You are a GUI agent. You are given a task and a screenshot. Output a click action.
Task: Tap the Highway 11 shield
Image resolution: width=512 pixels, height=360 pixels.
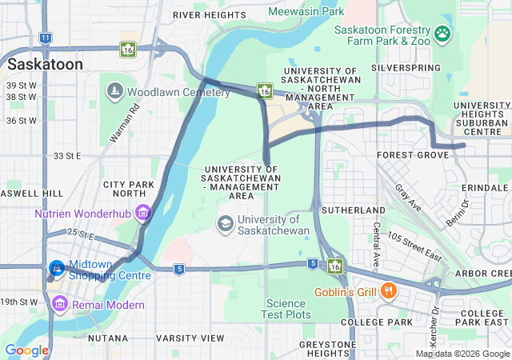(x=46, y=38)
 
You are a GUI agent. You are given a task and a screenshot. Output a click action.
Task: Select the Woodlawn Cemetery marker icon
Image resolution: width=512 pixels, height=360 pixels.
(x=114, y=92)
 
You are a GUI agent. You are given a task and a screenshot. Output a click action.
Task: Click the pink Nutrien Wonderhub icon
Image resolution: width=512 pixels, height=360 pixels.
(x=143, y=214)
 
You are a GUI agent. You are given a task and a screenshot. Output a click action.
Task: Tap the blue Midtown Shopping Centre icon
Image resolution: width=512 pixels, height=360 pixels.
(x=58, y=268)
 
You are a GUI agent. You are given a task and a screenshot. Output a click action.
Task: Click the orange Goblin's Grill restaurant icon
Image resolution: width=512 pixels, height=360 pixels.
(x=388, y=290)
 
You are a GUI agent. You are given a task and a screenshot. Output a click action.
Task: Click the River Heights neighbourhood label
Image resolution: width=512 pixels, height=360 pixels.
(x=210, y=15)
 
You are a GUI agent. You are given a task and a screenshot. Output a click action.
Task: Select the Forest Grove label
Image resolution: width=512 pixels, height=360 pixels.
(x=410, y=154)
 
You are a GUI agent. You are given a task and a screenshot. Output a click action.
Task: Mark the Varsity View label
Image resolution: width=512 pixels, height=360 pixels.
(x=190, y=338)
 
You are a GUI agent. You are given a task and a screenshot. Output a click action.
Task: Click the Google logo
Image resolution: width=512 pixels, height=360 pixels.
(x=26, y=350)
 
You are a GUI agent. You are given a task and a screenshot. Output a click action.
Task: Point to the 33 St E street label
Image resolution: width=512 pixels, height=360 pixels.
(x=67, y=156)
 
